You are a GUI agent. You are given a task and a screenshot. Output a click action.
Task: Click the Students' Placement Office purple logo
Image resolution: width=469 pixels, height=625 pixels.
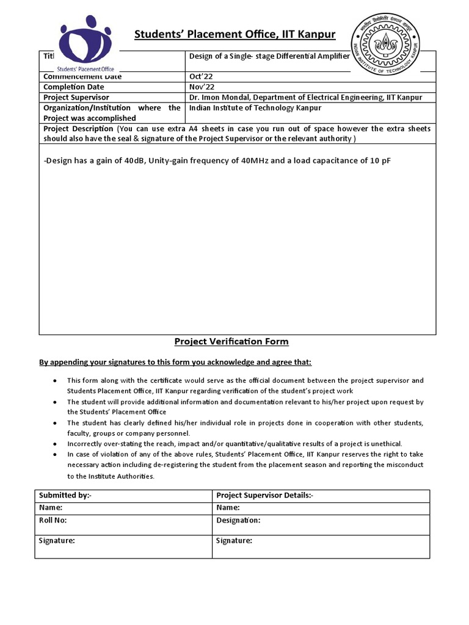(85, 43)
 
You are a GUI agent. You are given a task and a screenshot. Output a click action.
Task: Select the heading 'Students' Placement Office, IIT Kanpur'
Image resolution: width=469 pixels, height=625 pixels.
(234, 34)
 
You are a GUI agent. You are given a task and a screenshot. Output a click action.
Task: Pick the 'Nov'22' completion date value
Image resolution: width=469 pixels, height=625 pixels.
(201, 87)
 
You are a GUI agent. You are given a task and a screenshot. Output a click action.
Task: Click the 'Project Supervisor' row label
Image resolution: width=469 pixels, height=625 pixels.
(76, 98)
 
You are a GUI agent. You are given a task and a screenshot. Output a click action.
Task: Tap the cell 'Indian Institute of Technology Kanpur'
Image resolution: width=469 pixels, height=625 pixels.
(255, 108)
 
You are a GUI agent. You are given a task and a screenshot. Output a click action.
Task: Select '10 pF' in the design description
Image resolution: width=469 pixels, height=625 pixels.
(377, 161)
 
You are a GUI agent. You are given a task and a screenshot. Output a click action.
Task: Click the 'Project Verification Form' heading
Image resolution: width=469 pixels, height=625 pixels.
(231, 342)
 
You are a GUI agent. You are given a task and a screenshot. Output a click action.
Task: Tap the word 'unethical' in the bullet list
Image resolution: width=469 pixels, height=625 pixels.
(385, 444)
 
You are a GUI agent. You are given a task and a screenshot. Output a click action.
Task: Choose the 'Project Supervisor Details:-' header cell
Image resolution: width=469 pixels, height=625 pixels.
(264, 495)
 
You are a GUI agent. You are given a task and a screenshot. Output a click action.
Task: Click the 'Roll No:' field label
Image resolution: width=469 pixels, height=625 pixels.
(53, 521)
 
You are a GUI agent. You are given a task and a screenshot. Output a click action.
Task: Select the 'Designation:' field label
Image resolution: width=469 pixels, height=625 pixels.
(238, 521)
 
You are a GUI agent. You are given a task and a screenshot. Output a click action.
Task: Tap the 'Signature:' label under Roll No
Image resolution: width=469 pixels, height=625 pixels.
(57, 541)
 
